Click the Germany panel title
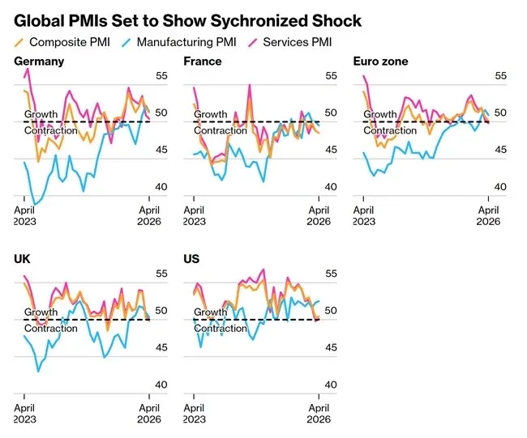40,62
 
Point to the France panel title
203,62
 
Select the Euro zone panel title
381,62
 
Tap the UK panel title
23,259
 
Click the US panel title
192,259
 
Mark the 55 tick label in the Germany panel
150,77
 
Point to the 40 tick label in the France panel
319,187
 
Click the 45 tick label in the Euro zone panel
488,151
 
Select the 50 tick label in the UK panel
150,311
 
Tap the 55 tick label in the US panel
319,274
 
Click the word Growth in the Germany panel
41,114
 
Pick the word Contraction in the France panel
221,130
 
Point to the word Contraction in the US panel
221,329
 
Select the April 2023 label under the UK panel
24,414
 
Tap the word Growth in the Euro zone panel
380,114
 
